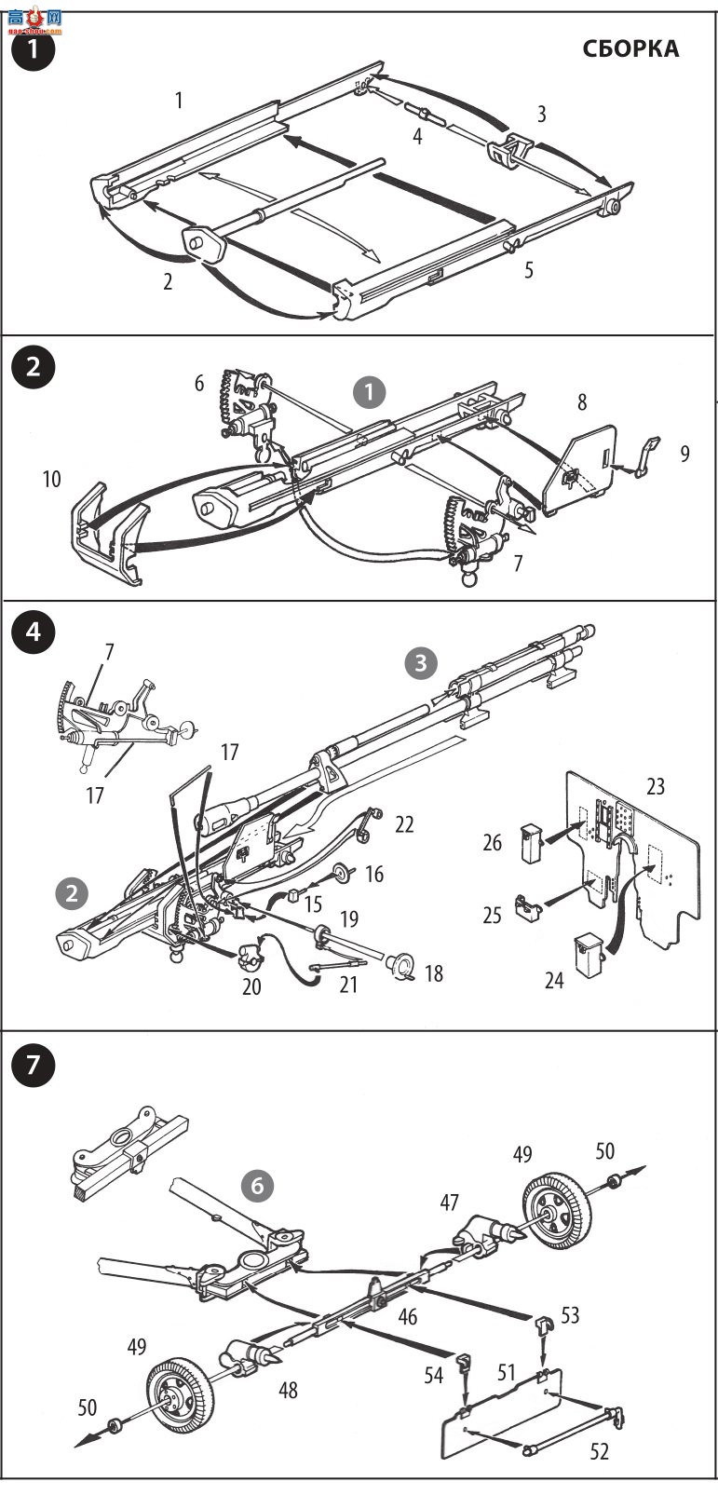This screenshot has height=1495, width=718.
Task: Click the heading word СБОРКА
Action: [630, 48]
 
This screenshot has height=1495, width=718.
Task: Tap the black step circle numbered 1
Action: [33, 50]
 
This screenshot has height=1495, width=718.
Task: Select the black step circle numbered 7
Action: [33, 1064]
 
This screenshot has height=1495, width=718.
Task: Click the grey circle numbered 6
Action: [257, 1186]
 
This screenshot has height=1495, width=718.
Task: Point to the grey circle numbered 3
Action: [420, 663]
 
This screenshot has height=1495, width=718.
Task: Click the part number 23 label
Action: [656, 787]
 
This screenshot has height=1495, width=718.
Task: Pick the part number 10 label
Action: [51, 479]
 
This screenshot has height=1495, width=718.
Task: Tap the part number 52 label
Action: [599, 1452]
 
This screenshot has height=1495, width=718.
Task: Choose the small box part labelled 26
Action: [531, 844]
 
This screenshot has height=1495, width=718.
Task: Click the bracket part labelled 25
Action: [528, 908]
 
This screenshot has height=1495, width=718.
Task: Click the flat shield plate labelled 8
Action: [579, 469]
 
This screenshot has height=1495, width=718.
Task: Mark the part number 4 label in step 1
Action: [418, 136]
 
